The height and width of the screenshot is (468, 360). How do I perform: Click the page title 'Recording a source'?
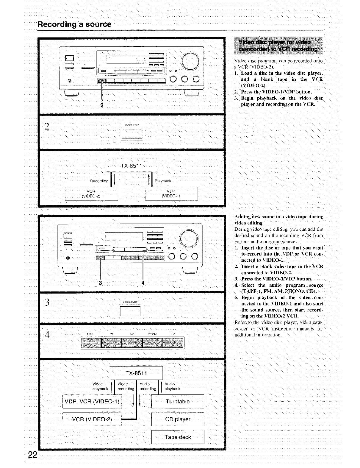tap(74, 24)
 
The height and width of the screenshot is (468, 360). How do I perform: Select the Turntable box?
tap(178, 401)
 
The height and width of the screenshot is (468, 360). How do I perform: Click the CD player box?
tap(178, 419)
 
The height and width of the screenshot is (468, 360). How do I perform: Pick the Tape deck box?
tap(178, 437)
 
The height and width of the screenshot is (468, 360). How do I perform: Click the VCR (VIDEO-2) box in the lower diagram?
tap(92, 419)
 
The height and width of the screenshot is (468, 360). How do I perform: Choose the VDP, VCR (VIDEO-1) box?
tap(92, 401)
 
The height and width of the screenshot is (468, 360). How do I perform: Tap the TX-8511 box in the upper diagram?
tap(131, 166)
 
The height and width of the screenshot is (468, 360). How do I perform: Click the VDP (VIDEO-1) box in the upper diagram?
tap(171, 194)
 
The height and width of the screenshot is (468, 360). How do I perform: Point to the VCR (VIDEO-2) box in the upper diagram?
tap(91, 194)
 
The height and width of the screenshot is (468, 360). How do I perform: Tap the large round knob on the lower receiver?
tap(189, 238)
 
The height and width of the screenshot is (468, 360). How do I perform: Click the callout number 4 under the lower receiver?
tap(143, 283)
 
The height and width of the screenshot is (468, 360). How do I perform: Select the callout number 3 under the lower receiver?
tap(101, 283)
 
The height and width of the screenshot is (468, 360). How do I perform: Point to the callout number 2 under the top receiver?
tap(101, 105)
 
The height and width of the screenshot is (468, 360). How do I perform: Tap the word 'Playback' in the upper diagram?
tap(163, 181)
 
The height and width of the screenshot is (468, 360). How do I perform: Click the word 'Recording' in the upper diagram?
tap(99, 181)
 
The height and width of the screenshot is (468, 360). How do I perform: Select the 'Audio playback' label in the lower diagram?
tap(172, 386)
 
